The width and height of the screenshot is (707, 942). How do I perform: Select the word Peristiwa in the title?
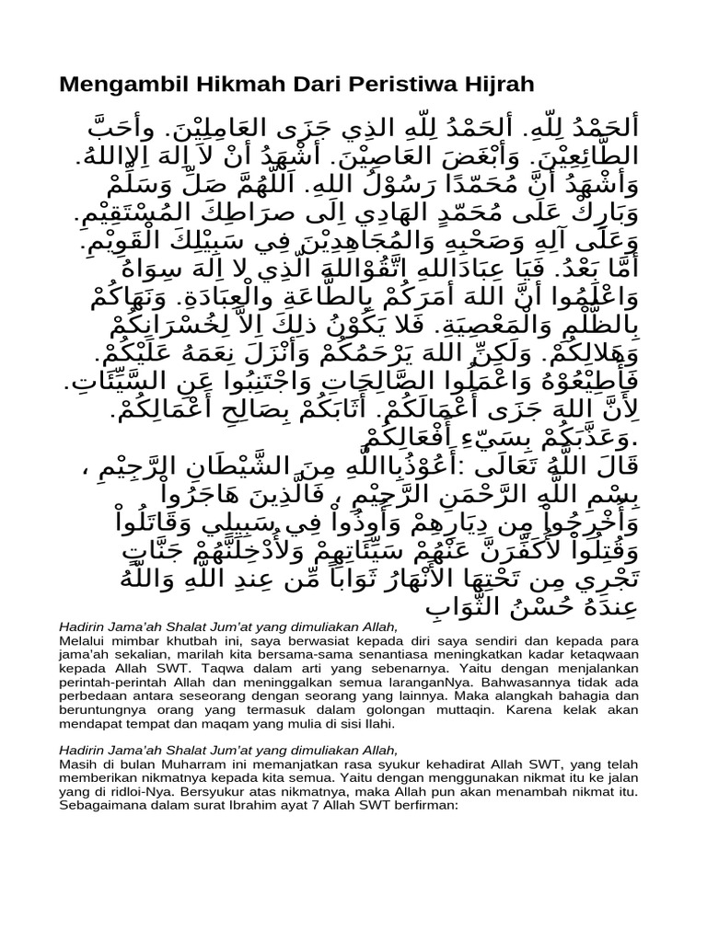pyautogui.click(x=376, y=86)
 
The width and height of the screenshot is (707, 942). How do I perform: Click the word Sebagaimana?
pyautogui.click(x=104, y=806)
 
